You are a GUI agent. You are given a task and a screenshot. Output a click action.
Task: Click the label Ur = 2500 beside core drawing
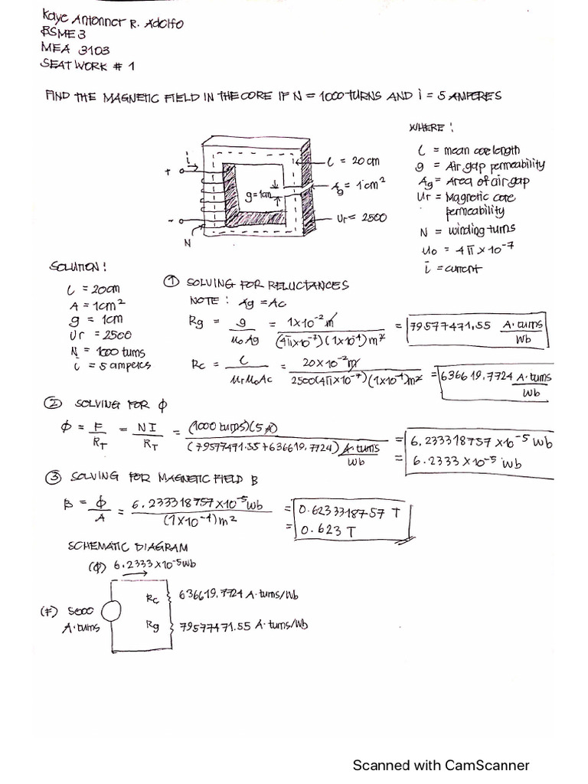coord(361,217)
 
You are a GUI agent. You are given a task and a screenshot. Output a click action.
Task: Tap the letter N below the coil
coord(186,243)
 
